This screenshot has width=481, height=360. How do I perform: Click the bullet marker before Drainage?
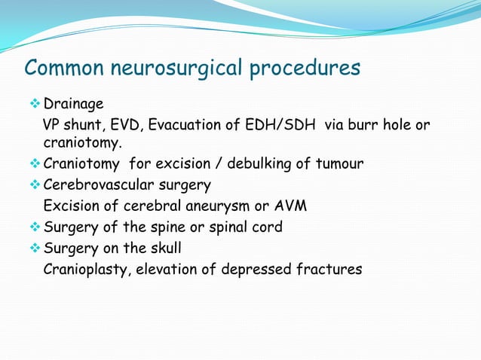[x=35, y=102]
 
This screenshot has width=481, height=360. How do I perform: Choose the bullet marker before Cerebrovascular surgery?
[x=35, y=185]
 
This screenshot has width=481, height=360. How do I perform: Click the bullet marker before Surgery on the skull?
[x=35, y=247]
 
